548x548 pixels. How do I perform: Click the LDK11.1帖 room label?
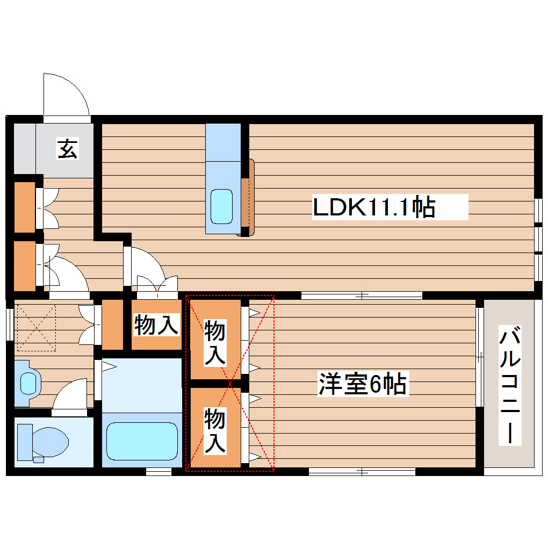coord(374,207)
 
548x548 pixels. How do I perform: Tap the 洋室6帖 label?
coord(363,384)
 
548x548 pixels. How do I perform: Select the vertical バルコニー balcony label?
coord(510,385)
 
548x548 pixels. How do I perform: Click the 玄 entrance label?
coord(68,149)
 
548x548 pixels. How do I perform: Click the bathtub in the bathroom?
coord(142,440)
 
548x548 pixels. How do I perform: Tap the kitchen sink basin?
coord(221,206)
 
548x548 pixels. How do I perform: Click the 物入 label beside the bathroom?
coord(156,325)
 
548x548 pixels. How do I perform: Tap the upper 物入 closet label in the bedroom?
coord(215,342)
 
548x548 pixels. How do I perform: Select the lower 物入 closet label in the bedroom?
coord(215,430)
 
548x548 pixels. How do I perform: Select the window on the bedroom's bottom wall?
coord(362,472)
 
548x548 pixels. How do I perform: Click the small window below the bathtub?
coord(158,472)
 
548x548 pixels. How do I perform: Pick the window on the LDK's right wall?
coord(539,239)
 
